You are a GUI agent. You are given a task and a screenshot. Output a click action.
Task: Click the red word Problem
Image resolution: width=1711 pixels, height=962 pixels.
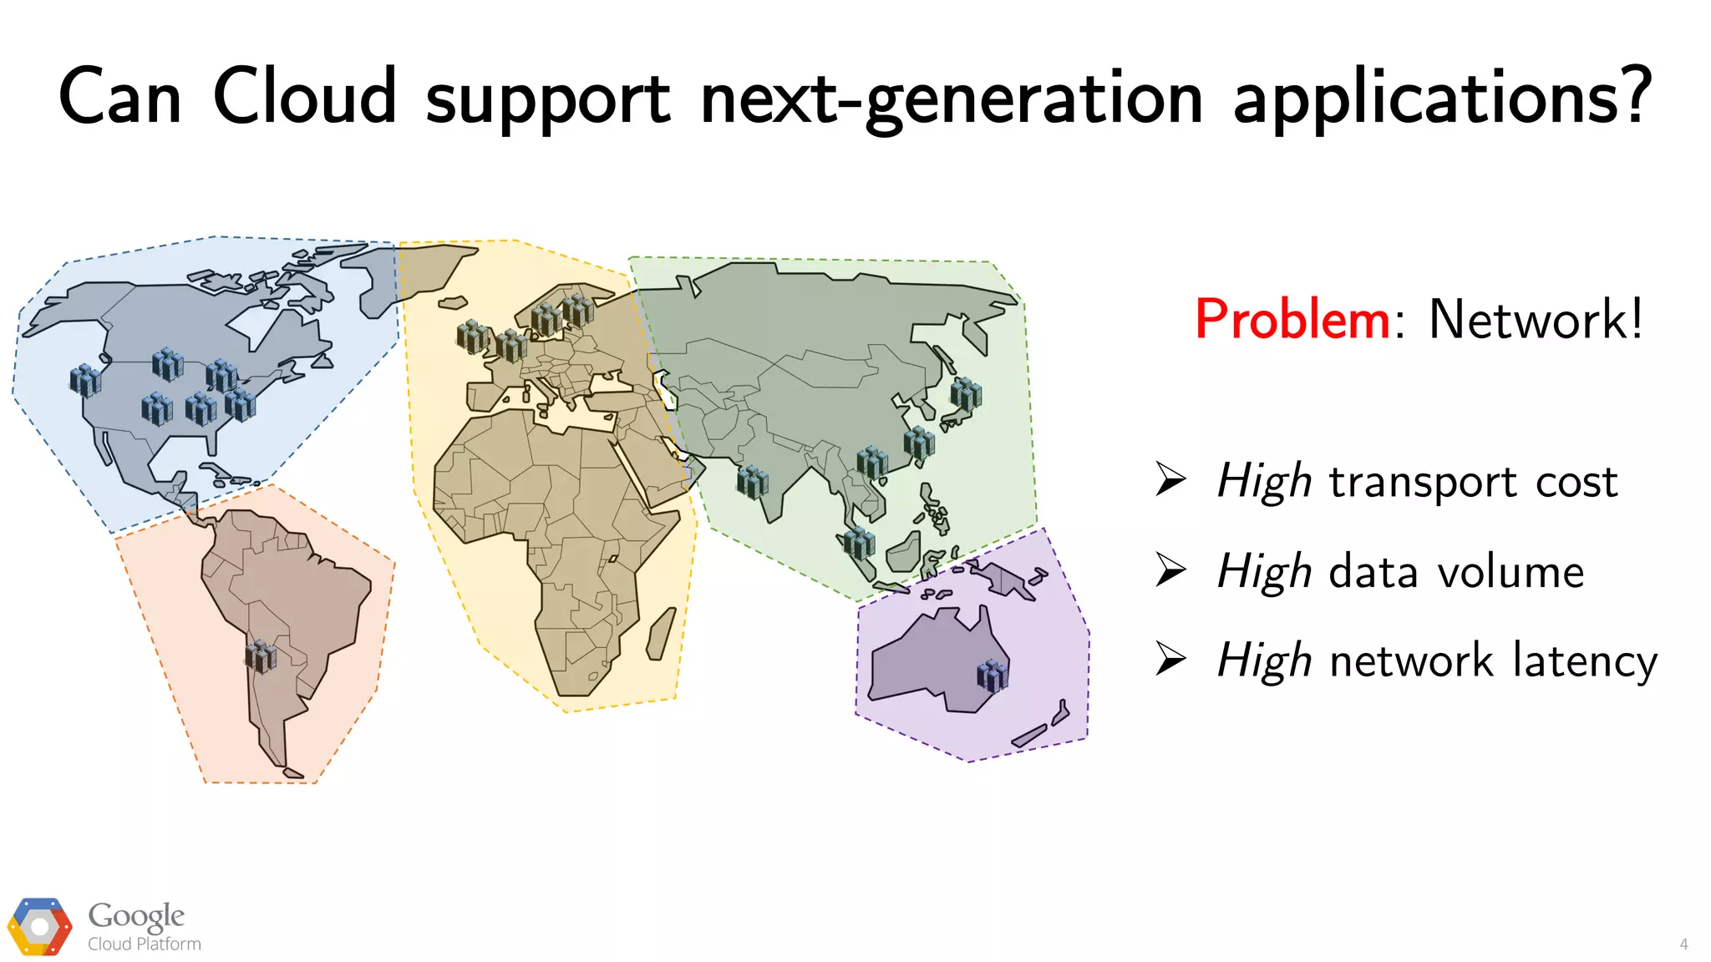pyautogui.click(x=1292, y=320)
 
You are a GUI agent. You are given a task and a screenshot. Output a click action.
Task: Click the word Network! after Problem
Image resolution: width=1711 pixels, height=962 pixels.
pyautogui.click(x=1536, y=320)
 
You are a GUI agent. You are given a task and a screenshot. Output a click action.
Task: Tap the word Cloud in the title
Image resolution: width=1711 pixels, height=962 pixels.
pyautogui.click(x=305, y=97)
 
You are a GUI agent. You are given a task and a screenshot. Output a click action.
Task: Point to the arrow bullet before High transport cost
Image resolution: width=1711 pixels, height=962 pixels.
pyautogui.click(x=1170, y=479)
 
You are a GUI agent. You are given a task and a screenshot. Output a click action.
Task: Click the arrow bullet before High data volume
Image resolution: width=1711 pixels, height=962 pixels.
pyautogui.click(x=1170, y=570)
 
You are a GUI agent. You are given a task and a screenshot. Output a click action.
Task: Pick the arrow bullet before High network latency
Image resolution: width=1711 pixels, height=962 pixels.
pyautogui.click(x=1170, y=659)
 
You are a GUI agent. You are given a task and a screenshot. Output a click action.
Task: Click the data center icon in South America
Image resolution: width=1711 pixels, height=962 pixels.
pyautogui.click(x=261, y=656)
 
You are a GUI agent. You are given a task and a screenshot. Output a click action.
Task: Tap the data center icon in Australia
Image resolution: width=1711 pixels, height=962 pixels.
pyautogui.click(x=993, y=675)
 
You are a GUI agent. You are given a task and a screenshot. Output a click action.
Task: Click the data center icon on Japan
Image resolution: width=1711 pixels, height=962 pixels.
pyautogui.click(x=966, y=393)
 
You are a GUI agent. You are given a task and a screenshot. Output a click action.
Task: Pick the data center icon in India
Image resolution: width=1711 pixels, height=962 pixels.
pyautogui.click(x=752, y=482)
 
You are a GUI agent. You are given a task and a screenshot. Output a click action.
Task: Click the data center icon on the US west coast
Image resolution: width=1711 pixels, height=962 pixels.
pyautogui.click(x=84, y=380)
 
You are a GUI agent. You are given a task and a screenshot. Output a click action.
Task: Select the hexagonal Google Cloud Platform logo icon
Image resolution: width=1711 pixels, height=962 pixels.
pyautogui.click(x=39, y=927)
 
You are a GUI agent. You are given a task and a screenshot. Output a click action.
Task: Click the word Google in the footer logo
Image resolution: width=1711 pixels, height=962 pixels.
pyautogui.click(x=136, y=916)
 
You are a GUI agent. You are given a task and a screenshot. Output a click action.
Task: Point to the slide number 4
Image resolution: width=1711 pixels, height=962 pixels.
pyautogui.click(x=1683, y=944)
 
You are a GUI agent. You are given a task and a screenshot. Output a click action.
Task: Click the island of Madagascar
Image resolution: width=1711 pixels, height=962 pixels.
pyautogui.click(x=661, y=634)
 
